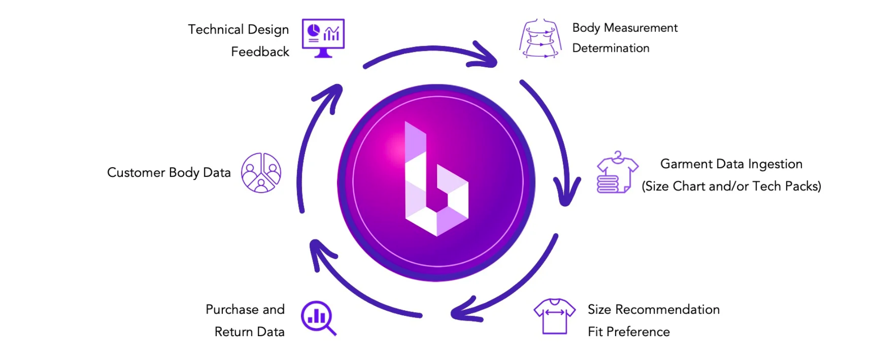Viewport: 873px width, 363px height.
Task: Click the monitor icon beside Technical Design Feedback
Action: coord(323,38)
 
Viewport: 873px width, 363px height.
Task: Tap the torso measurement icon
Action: coord(540,39)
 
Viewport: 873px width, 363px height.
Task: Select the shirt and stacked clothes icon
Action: coord(617,173)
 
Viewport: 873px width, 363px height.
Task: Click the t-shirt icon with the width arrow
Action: coord(555,316)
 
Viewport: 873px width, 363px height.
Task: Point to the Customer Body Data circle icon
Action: coord(261,173)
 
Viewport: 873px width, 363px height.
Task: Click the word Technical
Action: coord(216,30)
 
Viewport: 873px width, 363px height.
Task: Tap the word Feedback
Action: coord(260,52)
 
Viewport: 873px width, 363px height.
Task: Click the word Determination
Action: coord(611,48)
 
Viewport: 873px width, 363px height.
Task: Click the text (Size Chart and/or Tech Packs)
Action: coord(731,186)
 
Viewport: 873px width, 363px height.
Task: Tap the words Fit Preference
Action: coord(628,332)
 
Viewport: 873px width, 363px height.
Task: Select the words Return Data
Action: coord(249,332)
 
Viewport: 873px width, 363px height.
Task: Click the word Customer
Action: coord(136,173)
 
